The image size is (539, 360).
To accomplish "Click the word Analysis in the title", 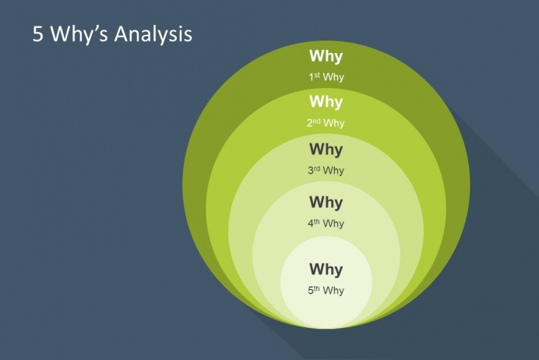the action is click(153, 34).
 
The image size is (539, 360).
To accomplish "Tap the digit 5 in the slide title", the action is click(38, 34).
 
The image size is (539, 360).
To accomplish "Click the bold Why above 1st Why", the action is click(326, 56).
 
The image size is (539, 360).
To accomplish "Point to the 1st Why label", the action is click(326, 77).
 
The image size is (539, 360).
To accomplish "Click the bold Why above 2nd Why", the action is click(326, 102).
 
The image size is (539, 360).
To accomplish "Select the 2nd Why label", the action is click(326, 123).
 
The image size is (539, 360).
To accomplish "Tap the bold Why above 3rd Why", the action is click(326, 150).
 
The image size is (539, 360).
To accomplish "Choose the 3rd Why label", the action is click(326, 171).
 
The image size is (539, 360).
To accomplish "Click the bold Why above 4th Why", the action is click(326, 202).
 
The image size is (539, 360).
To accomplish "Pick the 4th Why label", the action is click(326, 224).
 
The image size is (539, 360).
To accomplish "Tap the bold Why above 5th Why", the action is click(326, 270).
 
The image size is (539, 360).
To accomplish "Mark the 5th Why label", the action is click(326, 291).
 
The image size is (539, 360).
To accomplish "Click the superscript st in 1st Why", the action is click(316, 75).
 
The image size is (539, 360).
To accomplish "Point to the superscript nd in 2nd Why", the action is click(316, 121).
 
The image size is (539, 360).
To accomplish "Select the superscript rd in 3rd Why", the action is click(316, 168).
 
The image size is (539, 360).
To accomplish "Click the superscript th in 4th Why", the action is click(316, 221).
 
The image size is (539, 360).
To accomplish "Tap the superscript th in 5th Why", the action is click(316, 288).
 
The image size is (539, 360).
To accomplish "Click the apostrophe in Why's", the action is click(96, 29).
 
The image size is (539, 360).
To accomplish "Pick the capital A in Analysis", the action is click(121, 34).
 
